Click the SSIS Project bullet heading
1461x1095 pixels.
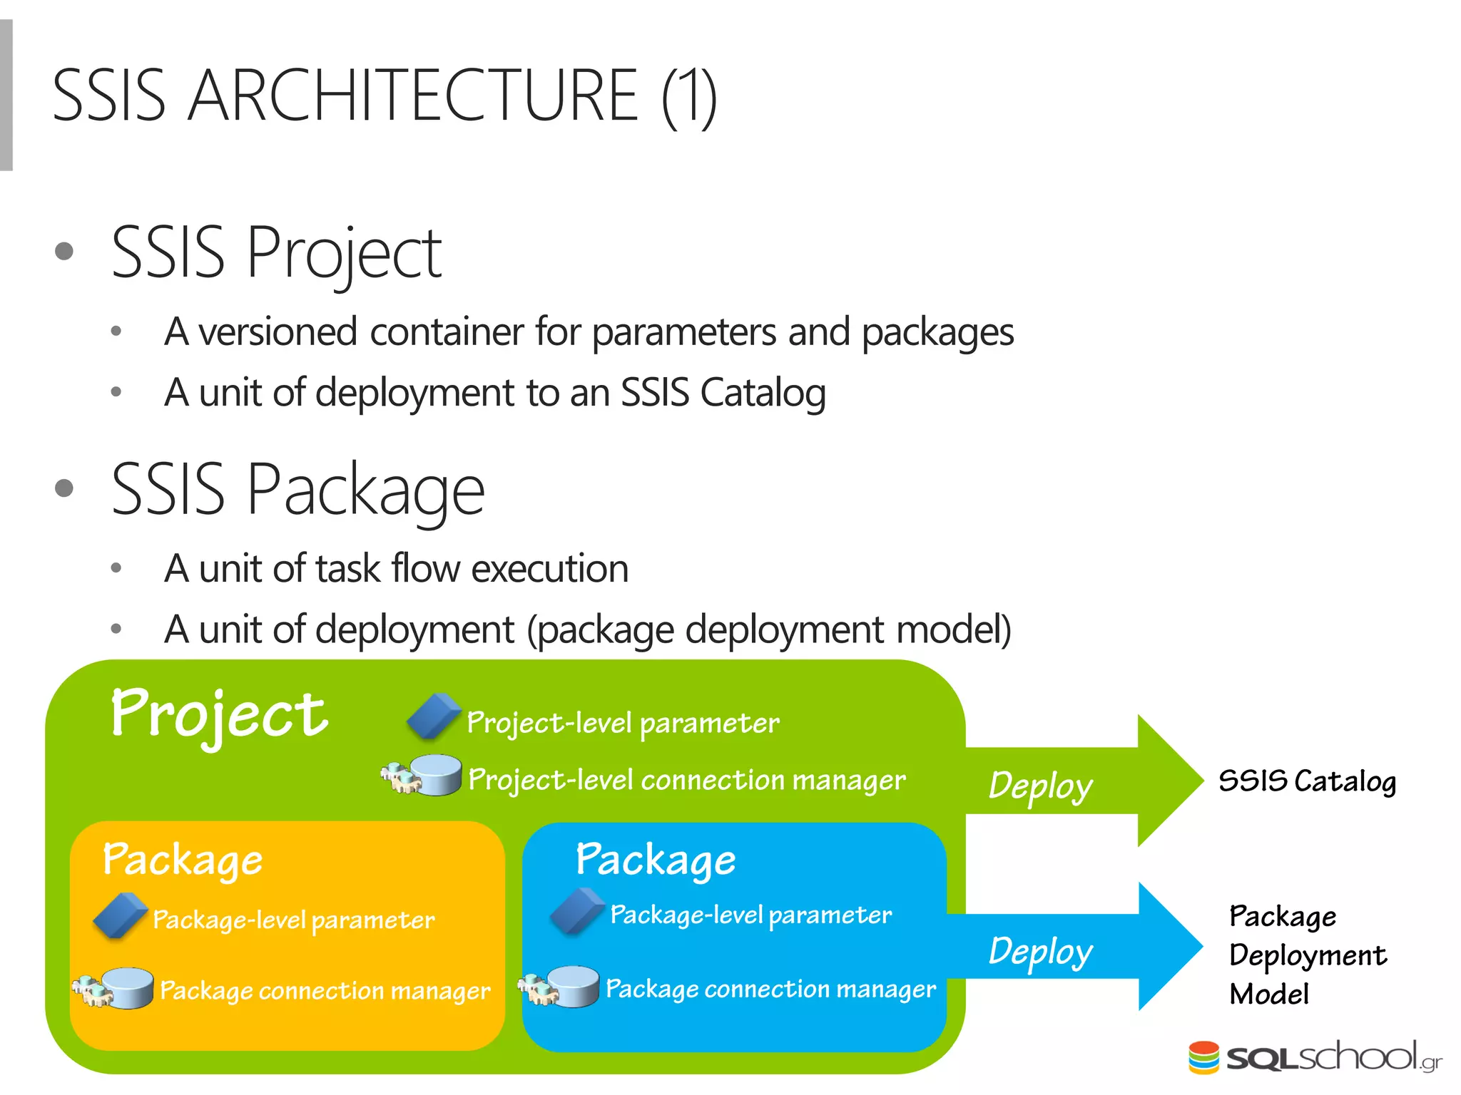[x=276, y=252]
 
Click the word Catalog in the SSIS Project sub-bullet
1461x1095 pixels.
[x=763, y=393]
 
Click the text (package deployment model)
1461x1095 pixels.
[x=768, y=630]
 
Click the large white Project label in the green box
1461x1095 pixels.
[x=218, y=715]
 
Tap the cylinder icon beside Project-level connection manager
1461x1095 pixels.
[x=436, y=775]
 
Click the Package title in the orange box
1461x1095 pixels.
[x=183, y=860]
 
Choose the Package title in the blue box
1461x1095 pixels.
[x=656, y=860]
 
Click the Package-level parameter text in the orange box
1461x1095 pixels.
[x=293, y=920]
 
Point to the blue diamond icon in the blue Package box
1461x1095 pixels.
[x=577, y=910]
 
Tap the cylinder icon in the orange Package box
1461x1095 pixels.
[x=126, y=988]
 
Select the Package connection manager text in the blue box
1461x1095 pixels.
[x=770, y=989]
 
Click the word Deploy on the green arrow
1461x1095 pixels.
[x=1040, y=786]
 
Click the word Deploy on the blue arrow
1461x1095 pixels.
[x=1040, y=951]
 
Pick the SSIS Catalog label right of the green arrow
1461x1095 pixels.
[x=1307, y=781]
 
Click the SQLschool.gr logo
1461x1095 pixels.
[x=1315, y=1057]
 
